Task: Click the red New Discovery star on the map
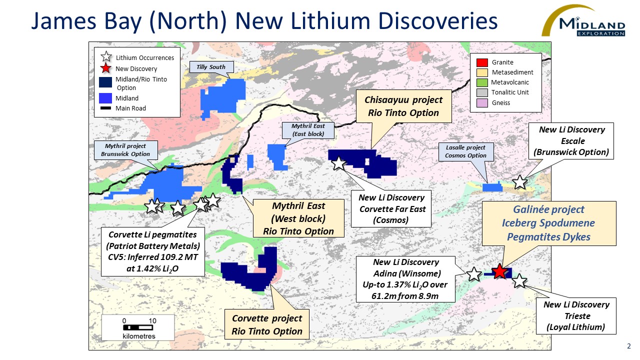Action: [x=499, y=271]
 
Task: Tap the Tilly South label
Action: [x=210, y=67]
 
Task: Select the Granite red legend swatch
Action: [x=482, y=62]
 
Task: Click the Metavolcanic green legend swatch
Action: [x=482, y=82]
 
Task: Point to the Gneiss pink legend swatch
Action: [x=482, y=103]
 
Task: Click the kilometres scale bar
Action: [x=138, y=328]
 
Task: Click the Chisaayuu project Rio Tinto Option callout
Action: [x=403, y=106]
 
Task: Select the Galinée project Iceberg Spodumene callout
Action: [x=548, y=223]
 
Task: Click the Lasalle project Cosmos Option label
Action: [x=466, y=151]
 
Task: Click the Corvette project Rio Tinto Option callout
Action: [x=266, y=324]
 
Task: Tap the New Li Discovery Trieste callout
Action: [x=577, y=316]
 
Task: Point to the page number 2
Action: [x=628, y=346]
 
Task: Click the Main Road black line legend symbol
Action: [x=105, y=108]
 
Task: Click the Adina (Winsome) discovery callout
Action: [x=405, y=279]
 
